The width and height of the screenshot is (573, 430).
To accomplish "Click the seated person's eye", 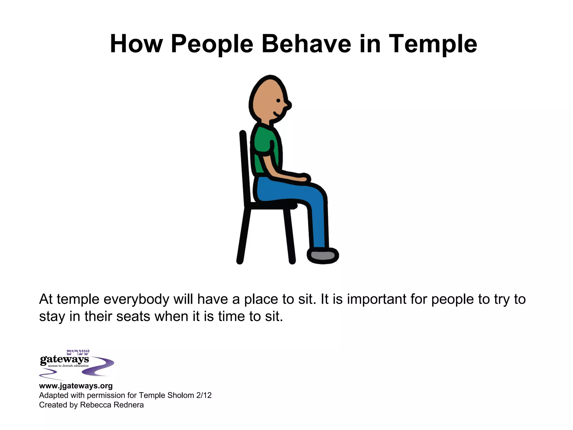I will pos(278,101).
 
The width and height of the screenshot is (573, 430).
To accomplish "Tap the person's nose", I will pos(288,106).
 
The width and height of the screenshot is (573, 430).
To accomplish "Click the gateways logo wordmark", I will pos(64,359).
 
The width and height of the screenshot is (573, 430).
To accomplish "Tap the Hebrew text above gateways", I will pos(78,352).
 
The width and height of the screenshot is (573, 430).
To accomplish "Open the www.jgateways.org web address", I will pos(76,386).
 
